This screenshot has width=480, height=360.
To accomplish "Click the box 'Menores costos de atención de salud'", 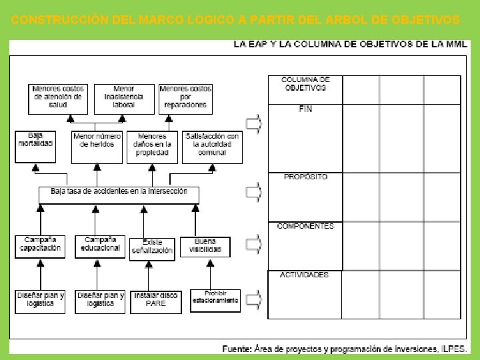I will coord(58,97).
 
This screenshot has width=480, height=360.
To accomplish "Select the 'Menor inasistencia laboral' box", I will coord(124,97).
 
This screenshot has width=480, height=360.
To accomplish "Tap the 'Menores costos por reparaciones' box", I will coord(186,97).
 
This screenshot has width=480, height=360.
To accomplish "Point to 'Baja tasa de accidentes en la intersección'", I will coord(119,193).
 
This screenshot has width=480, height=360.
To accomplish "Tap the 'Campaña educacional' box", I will coord(100,246).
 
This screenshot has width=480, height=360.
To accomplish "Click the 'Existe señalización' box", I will coord(153,248).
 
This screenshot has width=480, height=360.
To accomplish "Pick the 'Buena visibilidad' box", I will coord(206,246).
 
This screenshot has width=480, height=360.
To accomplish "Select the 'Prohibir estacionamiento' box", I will coord(215,300).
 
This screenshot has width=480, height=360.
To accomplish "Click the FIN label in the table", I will coord(306,109).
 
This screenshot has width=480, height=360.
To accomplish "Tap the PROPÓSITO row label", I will coord(306,177).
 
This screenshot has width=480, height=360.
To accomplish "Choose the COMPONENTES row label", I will coord(306,226).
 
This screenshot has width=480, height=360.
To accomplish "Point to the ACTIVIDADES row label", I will coord(305,275).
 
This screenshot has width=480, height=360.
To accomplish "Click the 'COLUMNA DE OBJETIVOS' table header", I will coord(306,83).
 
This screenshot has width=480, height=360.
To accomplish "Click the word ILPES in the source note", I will coord(453,349).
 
